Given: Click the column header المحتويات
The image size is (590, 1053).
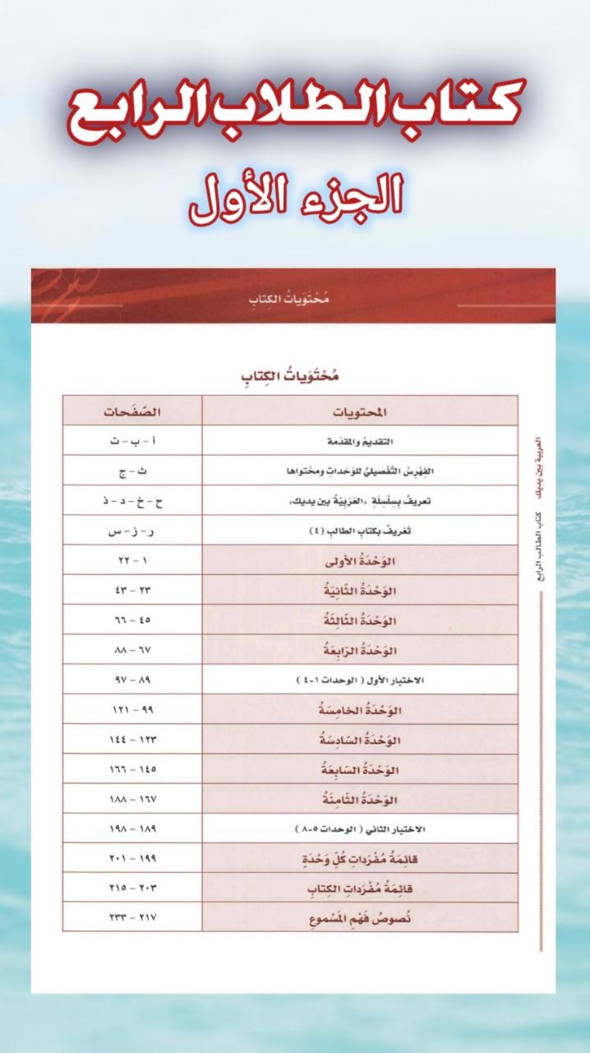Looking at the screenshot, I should [360, 411].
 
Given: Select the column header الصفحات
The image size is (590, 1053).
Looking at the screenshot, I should [131, 411].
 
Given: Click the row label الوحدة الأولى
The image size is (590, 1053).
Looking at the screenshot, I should [360, 560].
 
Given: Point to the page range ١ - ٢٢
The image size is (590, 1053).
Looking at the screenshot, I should [131, 560].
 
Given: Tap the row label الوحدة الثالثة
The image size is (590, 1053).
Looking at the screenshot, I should [360, 620].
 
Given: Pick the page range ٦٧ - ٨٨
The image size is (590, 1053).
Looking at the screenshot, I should [131, 650].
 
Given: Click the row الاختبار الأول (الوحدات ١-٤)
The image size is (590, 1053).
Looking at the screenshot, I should [360, 680].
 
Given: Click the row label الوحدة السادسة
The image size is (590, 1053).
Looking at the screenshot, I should [360, 740].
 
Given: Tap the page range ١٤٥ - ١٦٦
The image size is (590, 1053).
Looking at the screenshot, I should [131, 769].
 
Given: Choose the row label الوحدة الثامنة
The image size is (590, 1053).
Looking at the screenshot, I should [360, 799].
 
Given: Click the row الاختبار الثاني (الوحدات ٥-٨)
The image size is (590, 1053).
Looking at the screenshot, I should [360, 828].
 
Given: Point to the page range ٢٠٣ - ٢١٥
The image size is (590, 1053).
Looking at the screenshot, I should [131, 888].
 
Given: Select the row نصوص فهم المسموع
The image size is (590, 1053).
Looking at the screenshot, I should [360, 917].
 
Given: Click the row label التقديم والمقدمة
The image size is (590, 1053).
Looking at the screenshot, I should [360, 440].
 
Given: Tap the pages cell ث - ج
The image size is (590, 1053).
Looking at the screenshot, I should [131, 471].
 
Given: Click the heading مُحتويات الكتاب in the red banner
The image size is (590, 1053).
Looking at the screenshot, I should [293, 299].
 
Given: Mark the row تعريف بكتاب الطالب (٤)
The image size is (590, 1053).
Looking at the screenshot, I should [360, 531].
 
